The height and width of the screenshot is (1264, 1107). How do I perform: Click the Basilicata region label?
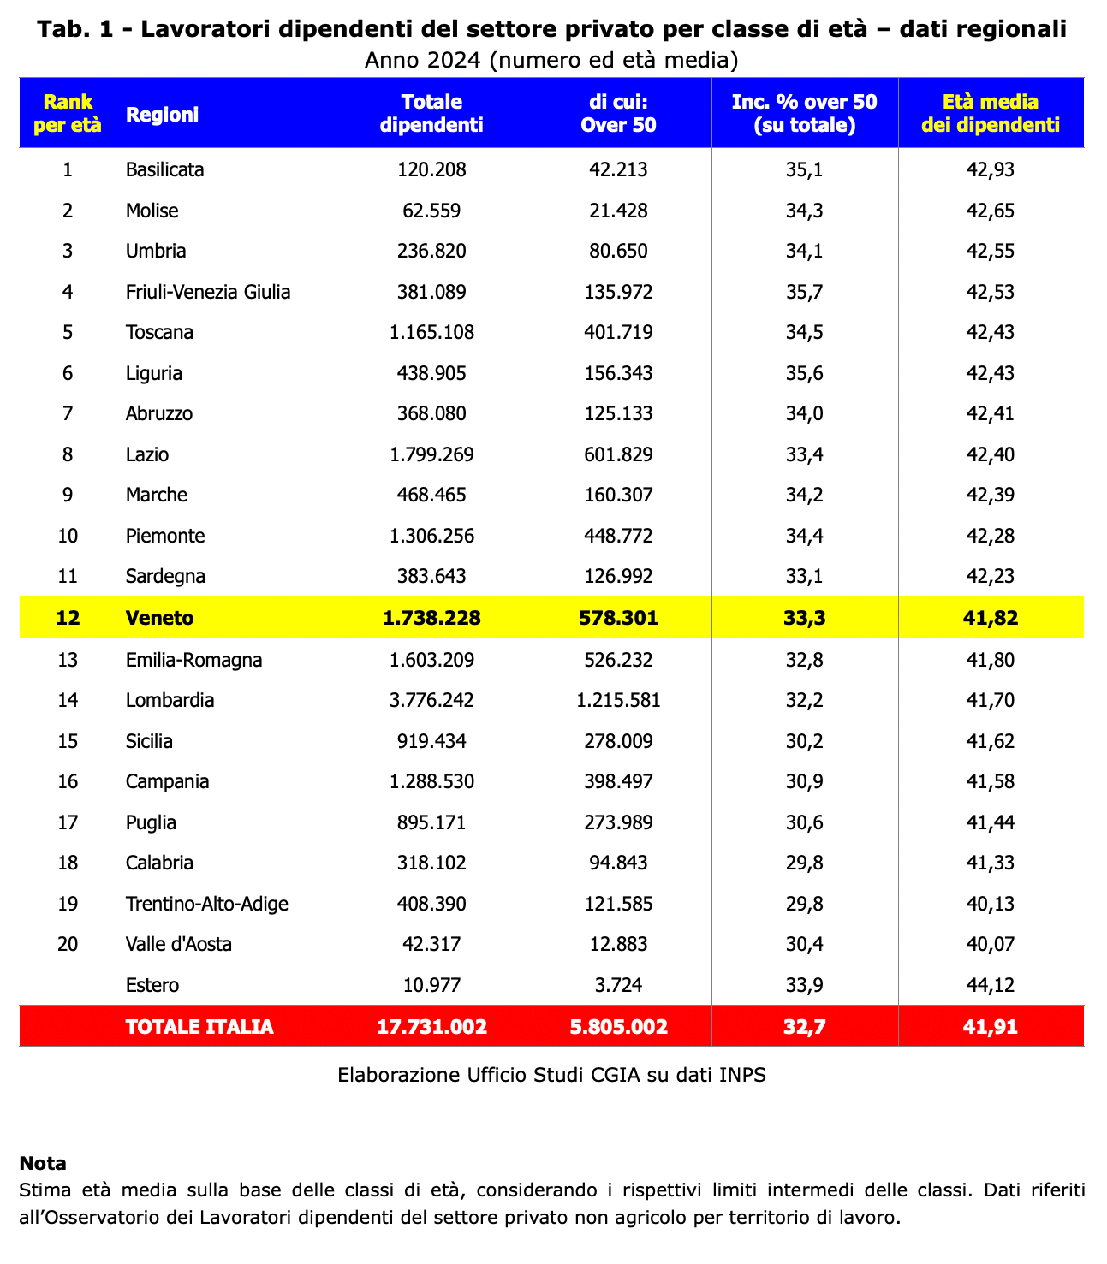(164, 169)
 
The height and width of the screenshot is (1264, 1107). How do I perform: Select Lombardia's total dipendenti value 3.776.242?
(431, 700)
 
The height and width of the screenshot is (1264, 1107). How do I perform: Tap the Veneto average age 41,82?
(991, 618)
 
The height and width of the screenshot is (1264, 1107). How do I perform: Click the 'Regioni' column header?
(162, 114)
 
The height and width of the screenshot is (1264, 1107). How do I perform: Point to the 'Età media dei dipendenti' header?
(991, 113)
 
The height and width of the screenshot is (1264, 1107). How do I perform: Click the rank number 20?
(68, 944)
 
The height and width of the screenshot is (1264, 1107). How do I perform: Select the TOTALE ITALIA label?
(199, 1026)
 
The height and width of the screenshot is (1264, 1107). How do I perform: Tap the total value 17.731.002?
(431, 1026)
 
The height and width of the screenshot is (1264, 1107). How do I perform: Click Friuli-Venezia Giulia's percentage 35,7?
(804, 292)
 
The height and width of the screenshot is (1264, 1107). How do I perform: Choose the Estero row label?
(152, 985)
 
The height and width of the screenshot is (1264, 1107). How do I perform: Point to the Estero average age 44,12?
(991, 985)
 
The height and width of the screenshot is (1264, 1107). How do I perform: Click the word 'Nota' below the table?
(43, 1163)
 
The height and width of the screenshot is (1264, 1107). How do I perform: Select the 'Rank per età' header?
(68, 113)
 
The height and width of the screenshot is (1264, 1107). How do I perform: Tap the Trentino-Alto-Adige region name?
(206, 904)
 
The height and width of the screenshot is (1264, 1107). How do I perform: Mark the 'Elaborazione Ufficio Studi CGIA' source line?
(551, 1074)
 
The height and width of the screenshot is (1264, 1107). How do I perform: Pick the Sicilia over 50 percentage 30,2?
(804, 741)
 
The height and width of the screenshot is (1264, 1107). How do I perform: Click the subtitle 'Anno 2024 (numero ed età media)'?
(551, 60)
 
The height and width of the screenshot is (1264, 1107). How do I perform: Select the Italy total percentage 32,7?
(804, 1026)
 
